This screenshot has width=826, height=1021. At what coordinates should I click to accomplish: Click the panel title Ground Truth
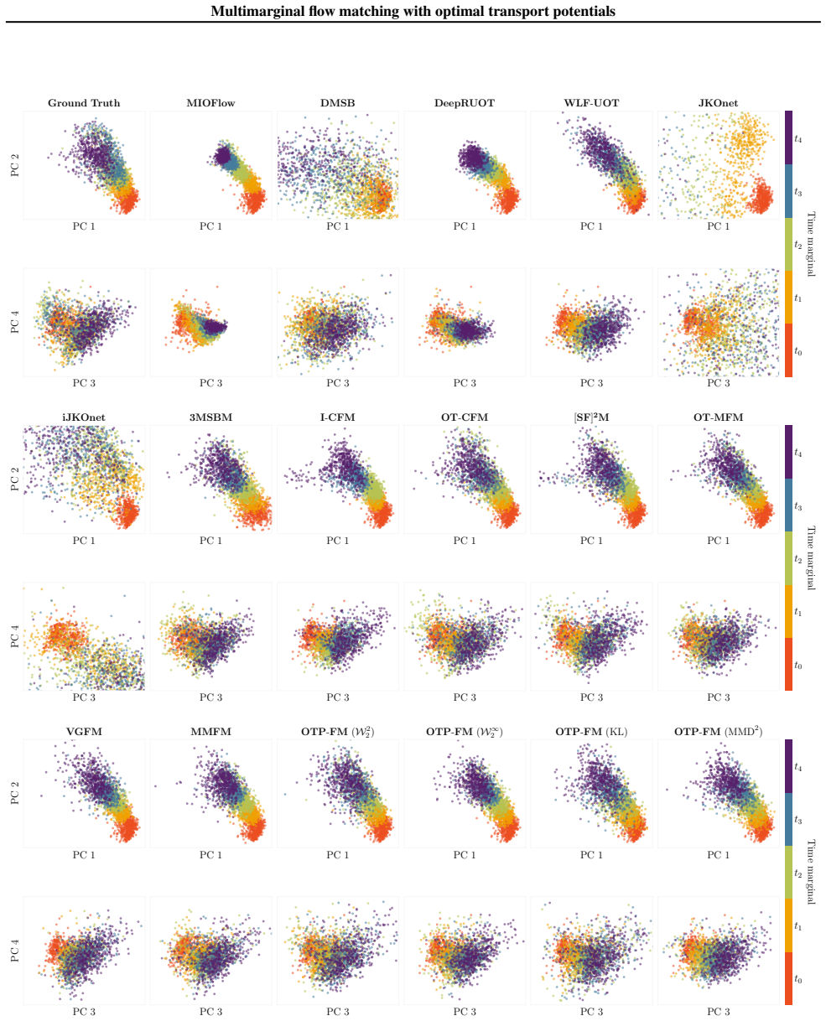pos(84,103)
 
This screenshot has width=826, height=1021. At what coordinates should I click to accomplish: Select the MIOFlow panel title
pos(211,103)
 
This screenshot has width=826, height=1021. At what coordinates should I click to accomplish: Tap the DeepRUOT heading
pos(465,103)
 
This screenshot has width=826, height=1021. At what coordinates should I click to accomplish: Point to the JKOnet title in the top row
pos(718,103)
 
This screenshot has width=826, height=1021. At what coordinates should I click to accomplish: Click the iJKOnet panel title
pos(84,417)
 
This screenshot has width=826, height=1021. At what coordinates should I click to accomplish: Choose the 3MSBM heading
pos(211,417)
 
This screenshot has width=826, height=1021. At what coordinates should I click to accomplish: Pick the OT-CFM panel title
pos(465,417)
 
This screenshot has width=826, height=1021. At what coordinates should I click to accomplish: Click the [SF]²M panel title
pos(591,417)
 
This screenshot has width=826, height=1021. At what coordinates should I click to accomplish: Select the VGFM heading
pos(84,732)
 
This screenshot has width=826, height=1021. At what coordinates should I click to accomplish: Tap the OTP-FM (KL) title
pos(591,732)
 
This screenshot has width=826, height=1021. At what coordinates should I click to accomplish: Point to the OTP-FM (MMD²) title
pos(718,732)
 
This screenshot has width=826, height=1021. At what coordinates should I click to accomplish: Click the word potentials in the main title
pos(584,12)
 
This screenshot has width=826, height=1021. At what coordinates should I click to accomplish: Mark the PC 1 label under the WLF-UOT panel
pos(591,226)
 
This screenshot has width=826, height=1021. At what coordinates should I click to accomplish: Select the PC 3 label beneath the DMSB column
pos(338,383)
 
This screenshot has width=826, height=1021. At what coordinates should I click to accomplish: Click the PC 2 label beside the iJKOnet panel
pos(15,479)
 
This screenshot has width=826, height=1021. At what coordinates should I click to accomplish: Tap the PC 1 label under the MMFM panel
pos(211,855)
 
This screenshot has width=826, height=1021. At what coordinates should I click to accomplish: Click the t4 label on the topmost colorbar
pos(797,139)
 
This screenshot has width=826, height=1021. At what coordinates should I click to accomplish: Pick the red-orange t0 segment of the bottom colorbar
pos(788,978)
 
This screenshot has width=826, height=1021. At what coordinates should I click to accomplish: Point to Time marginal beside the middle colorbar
pos(811,558)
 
